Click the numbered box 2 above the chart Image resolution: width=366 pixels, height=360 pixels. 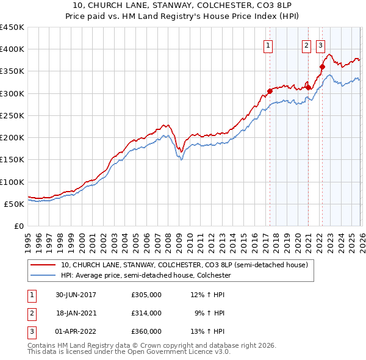coord(306,45)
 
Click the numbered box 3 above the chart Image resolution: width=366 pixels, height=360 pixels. coord(320,45)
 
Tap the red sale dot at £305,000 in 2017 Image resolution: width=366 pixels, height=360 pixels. coord(270,92)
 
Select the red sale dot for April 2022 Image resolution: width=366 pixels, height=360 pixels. coord(322,67)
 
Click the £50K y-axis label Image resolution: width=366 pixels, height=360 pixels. coord(15,204)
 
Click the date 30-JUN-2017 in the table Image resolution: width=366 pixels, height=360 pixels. coord(76,295)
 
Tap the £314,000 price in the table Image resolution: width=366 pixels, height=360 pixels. coord(146,312)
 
